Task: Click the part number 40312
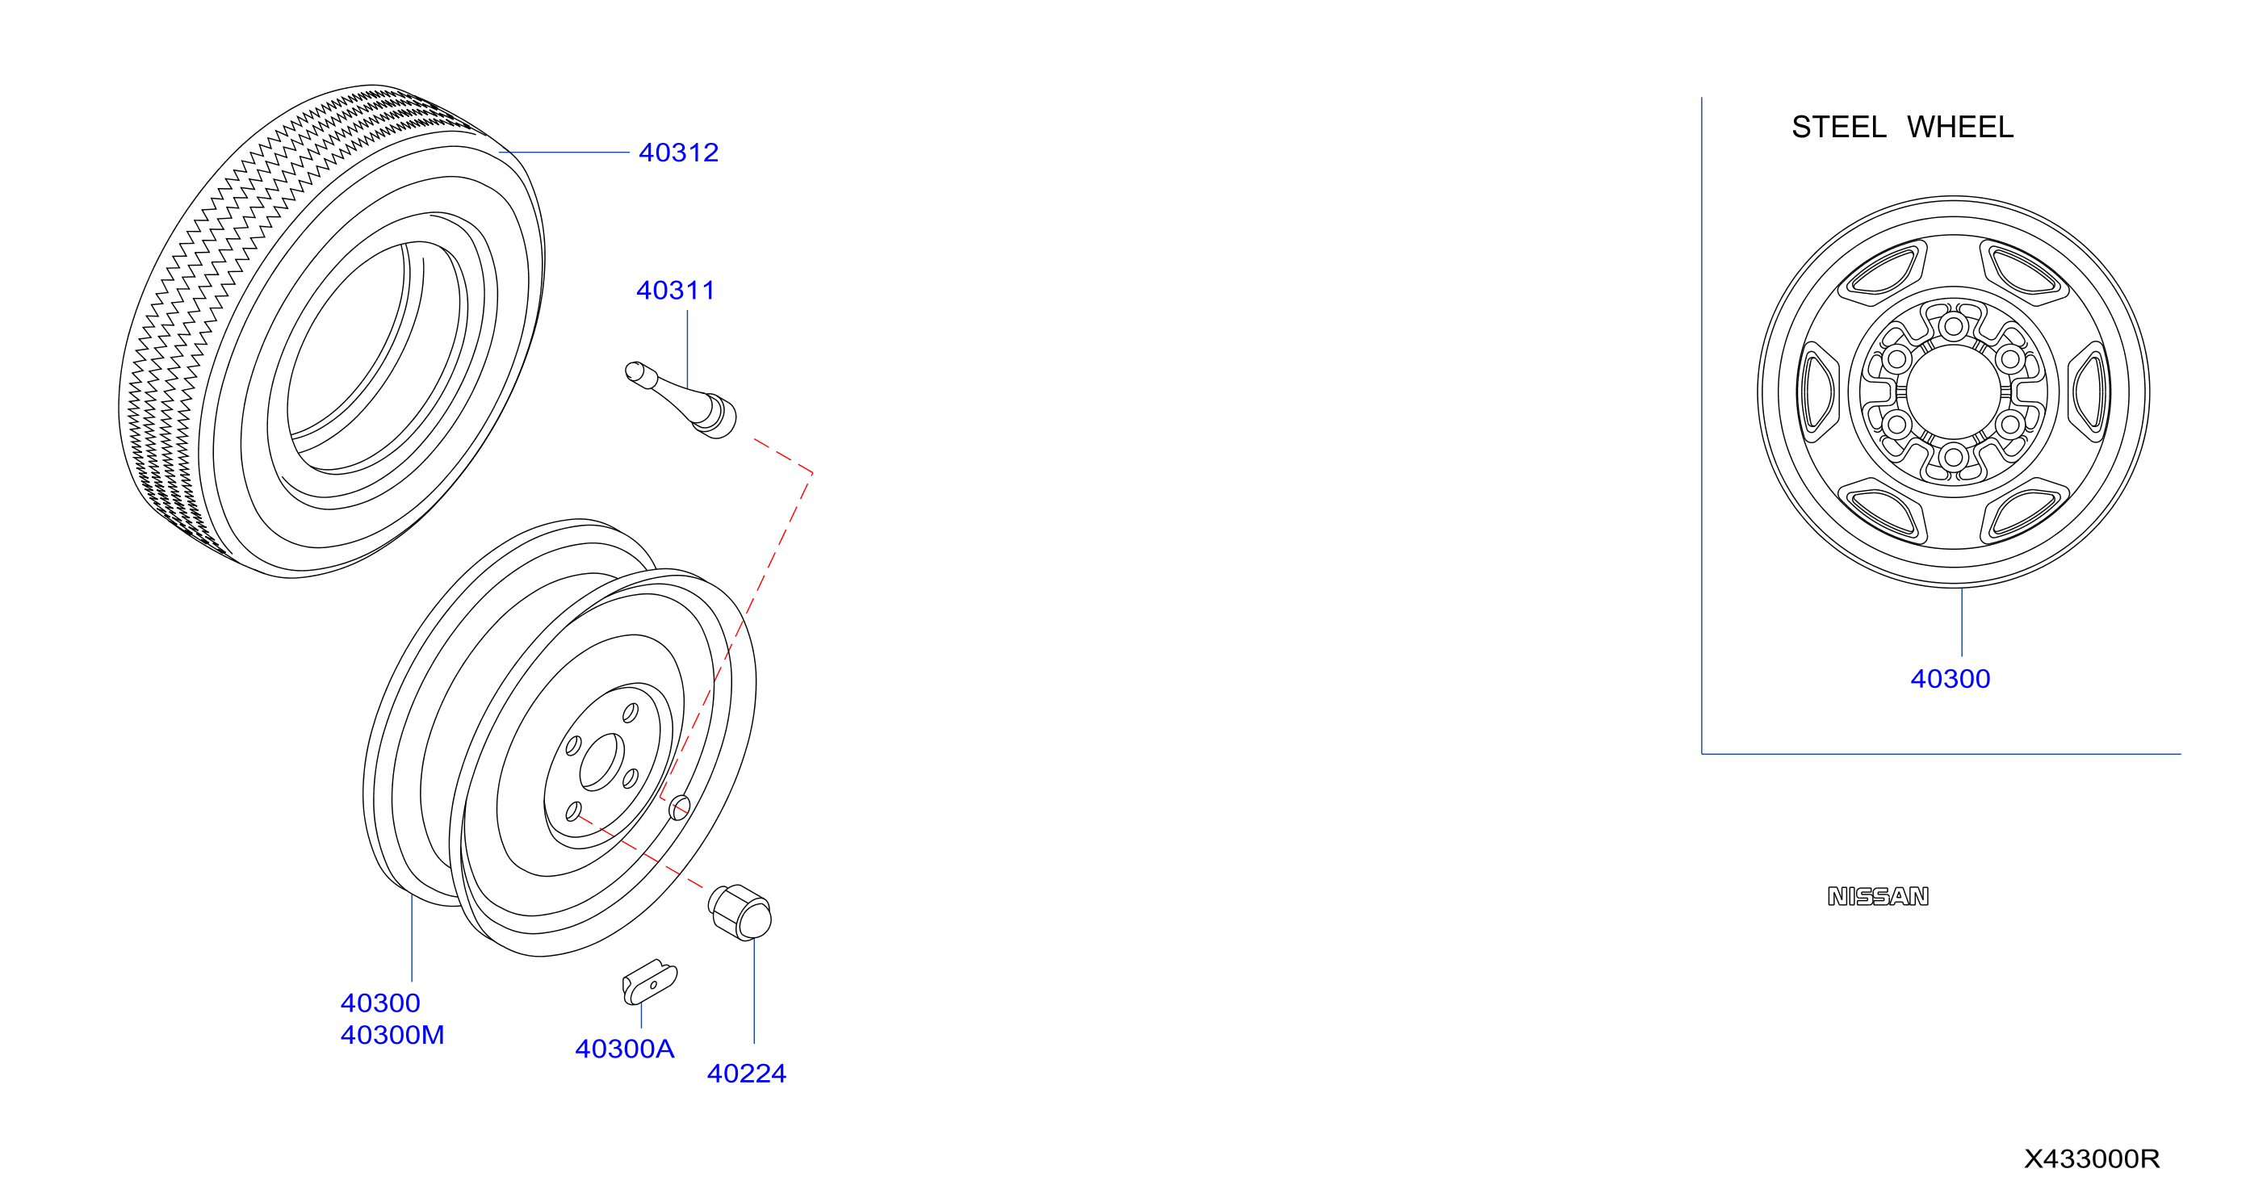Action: pos(678,153)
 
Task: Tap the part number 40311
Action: pos(676,291)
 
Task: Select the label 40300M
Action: pos(392,1035)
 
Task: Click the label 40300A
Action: pos(625,1049)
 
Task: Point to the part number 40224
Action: pos(746,1074)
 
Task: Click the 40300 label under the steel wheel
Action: pos(1951,678)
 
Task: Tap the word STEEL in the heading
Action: pos(1839,128)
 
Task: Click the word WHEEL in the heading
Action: pos(1960,128)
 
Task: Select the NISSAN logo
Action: pos(1878,896)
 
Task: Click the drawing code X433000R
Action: pos(2092,1158)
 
